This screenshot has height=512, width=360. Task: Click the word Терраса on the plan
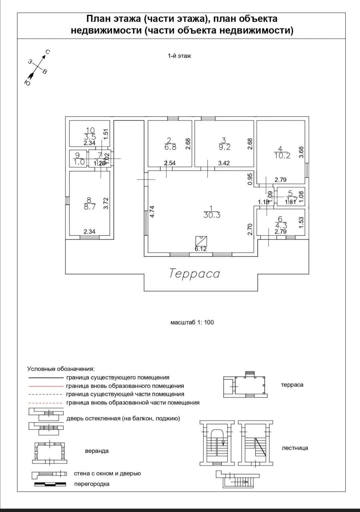[195, 274]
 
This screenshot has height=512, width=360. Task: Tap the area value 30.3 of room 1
[212, 215]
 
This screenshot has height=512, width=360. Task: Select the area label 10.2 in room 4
[282, 156]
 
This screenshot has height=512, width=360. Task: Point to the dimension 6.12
[201, 249]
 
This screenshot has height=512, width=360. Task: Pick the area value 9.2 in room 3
[225, 147]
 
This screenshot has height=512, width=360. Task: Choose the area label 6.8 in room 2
[170, 147]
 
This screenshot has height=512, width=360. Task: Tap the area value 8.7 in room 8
[90, 206]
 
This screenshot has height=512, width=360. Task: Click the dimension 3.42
[224, 163]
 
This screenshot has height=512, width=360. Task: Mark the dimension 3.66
[301, 152]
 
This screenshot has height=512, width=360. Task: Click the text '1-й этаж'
[179, 56]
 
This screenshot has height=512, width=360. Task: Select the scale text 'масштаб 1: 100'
[192, 323]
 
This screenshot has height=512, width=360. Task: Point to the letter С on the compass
[48, 52]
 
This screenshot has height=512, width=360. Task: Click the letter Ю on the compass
[28, 82]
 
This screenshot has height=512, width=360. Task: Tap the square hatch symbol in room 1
[201, 241]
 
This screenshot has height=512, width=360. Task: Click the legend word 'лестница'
[295, 448]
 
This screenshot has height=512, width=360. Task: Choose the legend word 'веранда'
[97, 451]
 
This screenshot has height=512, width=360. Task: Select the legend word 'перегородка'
[92, 484]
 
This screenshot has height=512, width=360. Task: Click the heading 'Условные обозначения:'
[61, 369]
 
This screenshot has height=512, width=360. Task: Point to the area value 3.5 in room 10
[90, 137]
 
